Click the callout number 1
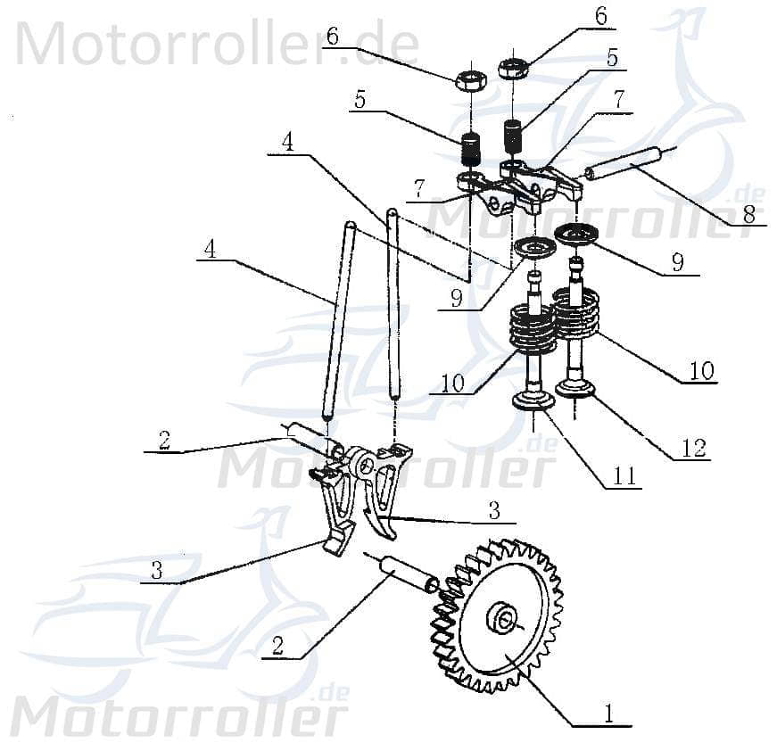(609, 714)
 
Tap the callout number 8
(748, 214)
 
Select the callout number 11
(625, 477)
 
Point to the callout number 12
(695, 449)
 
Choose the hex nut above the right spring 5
(514, 67)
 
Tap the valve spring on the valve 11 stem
(533, 328)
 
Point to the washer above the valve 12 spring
(577, 235)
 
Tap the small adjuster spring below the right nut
(513, 136)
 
